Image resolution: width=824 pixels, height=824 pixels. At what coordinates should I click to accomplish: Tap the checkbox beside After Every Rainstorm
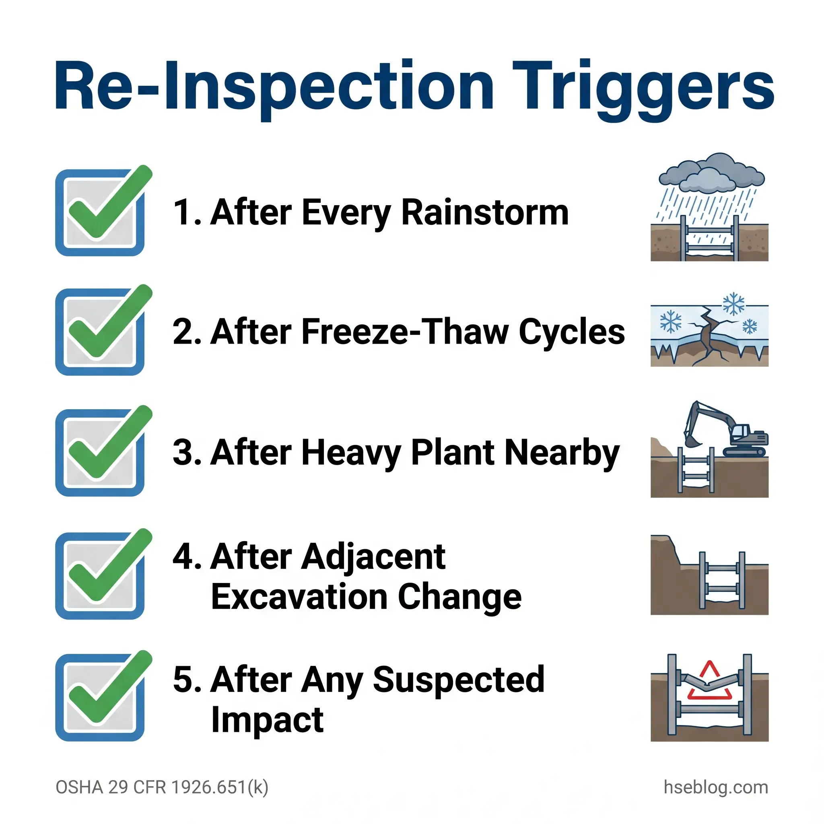click(x=100, y=212)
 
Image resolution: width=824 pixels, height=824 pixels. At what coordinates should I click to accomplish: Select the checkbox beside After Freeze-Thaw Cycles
click(x=100, y=332)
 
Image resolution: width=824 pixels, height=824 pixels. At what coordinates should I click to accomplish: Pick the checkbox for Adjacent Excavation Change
click(x=100, y=575)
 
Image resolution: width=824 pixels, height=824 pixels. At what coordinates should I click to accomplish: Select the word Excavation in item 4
click(x=299, y=597)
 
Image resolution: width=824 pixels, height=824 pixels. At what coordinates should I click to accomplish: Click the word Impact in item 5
click(x=268, y=720)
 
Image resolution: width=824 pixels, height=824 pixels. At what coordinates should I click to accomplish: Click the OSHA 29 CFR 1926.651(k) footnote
click(x=162, y=787)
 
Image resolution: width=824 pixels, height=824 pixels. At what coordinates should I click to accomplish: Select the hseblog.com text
click(x=716, y=787)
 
